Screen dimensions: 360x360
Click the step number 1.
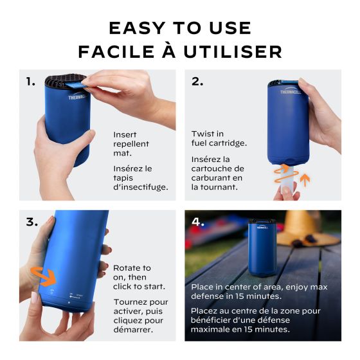tap(30, 82)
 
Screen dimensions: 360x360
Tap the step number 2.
tap(198, 82)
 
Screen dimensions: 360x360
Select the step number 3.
tap(32, 222)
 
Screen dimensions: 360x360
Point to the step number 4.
tap(198, 222)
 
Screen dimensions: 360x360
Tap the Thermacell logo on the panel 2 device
tap(289, 92)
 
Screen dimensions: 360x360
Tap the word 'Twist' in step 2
tap(202, 134)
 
